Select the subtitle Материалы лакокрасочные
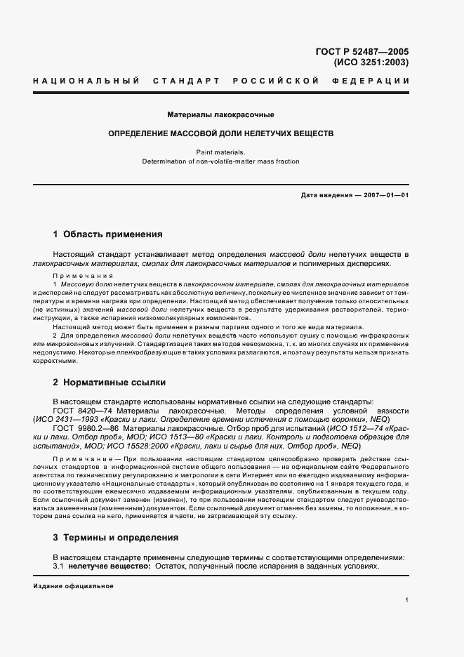coord(220,114)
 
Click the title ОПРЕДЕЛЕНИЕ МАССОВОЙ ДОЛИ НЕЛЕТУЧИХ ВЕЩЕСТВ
coord(220,133)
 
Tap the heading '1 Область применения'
coord(107,234)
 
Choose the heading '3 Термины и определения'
coord(116,538)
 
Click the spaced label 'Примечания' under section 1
coord(83,276)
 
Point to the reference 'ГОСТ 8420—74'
coord(79,410)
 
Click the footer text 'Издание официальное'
coord(73,585)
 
